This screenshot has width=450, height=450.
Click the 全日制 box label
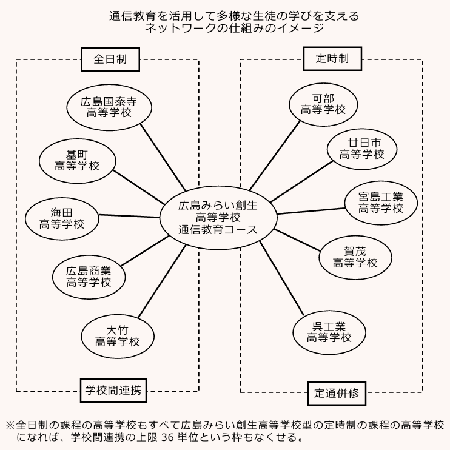[x=109, y=59]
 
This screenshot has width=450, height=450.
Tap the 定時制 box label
[x=332, y=59]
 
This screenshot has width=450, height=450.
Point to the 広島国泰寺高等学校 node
[x=109, y=107]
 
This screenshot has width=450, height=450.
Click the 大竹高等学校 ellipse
[x=118, y=335]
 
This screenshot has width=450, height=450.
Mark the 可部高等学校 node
[x=323, y=103]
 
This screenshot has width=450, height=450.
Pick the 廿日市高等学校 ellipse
[x=361, y=149]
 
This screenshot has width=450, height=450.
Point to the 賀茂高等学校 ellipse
[x=355, y=257]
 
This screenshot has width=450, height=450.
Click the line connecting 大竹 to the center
[x=163, y=283]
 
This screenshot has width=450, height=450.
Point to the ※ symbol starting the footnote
[x=10, y=425]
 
